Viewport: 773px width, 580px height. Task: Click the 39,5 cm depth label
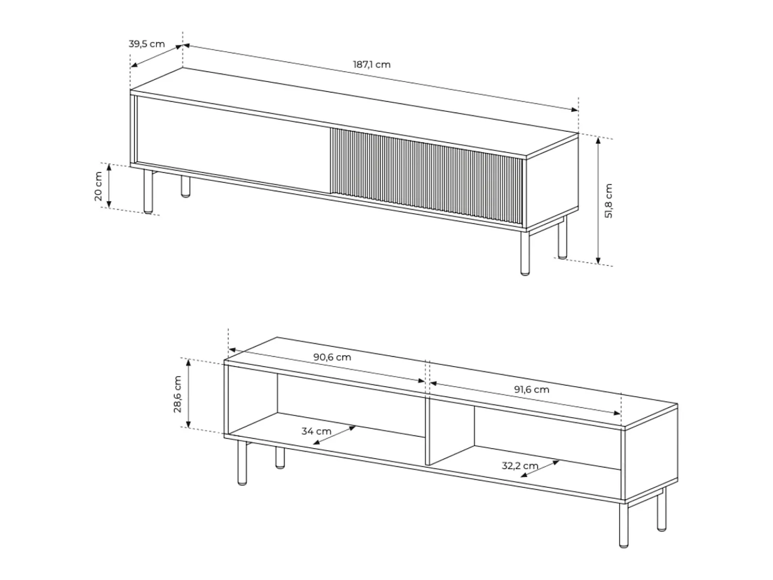point(146,44)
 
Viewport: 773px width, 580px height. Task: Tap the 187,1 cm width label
point(372,65)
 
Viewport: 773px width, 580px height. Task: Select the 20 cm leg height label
point(98,186)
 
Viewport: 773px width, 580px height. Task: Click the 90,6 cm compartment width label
point(332,357)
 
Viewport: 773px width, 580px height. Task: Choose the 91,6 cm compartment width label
point(531,389)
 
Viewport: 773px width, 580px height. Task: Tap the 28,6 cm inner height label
point(177,394)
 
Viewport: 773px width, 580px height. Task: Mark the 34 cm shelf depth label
point(316,431)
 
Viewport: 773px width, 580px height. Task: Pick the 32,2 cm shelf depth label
point(520,466)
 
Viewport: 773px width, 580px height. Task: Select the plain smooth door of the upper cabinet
point(233,144)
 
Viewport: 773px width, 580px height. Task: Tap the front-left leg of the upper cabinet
point(148,192)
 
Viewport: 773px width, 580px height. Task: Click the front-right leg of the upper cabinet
point(525,253)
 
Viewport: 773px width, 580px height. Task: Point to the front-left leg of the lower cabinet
point(242,463)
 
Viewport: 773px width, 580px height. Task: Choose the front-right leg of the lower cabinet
point(624,525)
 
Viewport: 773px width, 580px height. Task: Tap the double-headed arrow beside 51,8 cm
point(598,200)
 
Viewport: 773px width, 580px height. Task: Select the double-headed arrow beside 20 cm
point(109,186)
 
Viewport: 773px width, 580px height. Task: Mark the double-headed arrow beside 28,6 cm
point(189,394)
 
